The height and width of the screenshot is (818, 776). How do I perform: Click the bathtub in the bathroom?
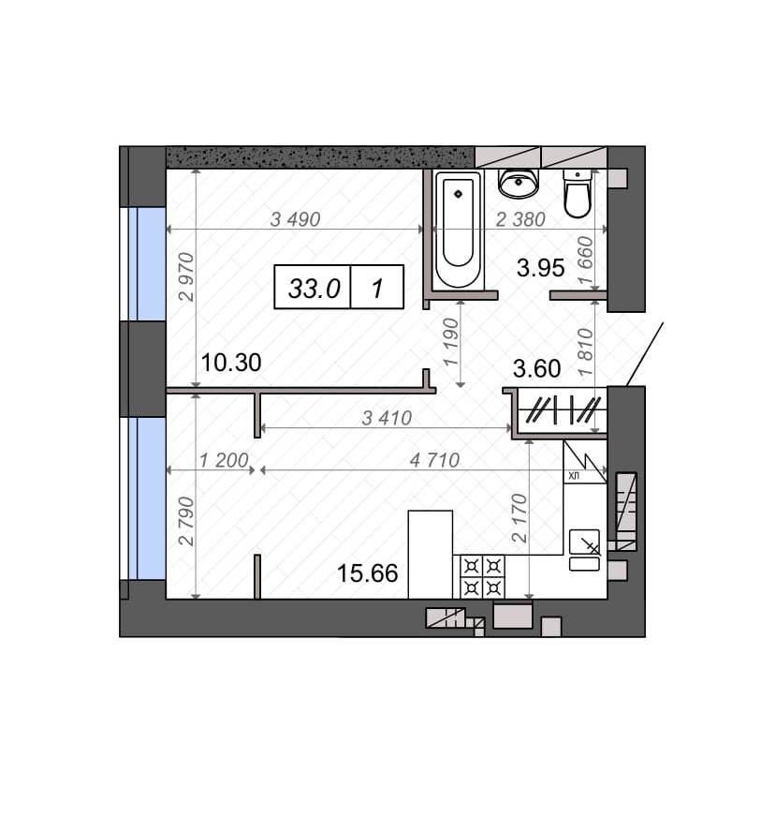pyautogui.click(x=458, y=230)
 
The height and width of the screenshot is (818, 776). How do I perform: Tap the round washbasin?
pyautogui.click(x=518, y=183)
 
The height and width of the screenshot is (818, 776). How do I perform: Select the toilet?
pyautogui.click(x=578, y=193)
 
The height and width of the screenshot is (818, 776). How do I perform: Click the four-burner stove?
pyautogui.click(x=482, y=576)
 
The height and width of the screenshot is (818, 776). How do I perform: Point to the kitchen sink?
pyautogui.click(x=584, y=550)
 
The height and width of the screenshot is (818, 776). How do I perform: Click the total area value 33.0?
pyautogui.click(x=315, y=288)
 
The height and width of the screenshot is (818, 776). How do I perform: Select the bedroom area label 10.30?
pyautogui.click(x=230, y=363)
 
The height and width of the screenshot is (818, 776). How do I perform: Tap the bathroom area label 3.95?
pyautogui.click(x=540, y=268)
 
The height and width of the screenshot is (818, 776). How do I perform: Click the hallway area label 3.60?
pyautogui.click(x=536, y=369)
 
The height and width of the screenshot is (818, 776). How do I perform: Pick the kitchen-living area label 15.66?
pyautogui.click(x=368, y=573)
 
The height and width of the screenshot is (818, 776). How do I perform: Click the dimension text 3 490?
pyautogui.click(x=295, y=219)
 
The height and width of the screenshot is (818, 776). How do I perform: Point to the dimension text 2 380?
pyautogui.click(x=520, y=219)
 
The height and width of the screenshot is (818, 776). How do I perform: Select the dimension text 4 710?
pyautogui.click(x=434, y=460)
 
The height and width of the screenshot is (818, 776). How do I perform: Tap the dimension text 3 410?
pyautogui.click(x=387, y=418)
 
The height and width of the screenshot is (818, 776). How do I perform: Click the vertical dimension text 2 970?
pyautogui.click(x=186, y=277)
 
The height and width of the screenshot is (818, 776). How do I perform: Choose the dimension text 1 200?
pyautogui.click(x=224, y=460)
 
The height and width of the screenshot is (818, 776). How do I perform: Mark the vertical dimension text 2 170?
pyautogui.click(x=520, y=518)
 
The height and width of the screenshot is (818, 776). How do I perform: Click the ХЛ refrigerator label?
pyautogui.click(x=573, y=476)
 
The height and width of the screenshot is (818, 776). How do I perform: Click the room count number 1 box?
pyautogui.click(x=377, y=288)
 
